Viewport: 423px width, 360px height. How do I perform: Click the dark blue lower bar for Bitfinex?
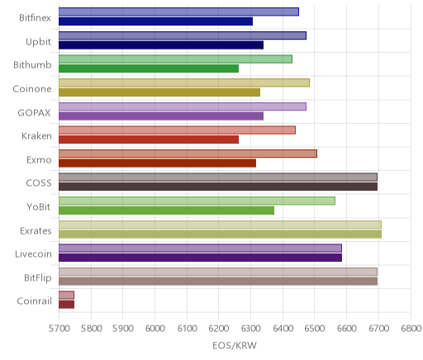coord(155,21)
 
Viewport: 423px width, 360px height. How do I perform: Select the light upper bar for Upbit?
coord(183,36)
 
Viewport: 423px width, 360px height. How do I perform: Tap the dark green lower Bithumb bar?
coord(149,69)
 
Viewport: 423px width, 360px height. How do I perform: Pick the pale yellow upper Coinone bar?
coord(184,83)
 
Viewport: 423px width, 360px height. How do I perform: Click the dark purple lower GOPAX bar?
coord(161,116)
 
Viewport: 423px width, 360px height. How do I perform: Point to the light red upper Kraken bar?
coord(177,130)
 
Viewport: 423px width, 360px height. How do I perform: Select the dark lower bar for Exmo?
coord(157,163)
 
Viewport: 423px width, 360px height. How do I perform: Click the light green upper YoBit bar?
coord(197,201)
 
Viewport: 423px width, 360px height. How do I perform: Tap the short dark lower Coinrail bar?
coord(66,305)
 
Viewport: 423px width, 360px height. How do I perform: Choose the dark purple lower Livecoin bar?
coord(200,258)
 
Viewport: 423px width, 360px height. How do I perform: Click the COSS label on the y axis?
coord(39,183)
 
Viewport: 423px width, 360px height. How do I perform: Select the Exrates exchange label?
coord(36,230)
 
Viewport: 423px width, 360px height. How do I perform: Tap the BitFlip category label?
coord(38,278)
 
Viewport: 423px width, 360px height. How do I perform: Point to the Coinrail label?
coord(35,301)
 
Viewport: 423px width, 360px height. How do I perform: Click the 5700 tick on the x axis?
coord(59,329)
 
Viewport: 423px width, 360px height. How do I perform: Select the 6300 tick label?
coord(250,329)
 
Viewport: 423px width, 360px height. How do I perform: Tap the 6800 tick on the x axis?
coord(411,329)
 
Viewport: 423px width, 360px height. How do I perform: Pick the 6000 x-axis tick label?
coord(154,329)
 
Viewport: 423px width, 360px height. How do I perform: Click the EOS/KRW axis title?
coord(235,345)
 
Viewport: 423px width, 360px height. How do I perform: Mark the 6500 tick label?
coord(315,329)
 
